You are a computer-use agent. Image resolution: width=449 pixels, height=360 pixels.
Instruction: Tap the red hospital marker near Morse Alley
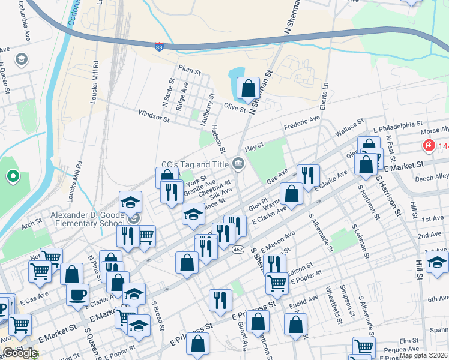click(x=429, y=145)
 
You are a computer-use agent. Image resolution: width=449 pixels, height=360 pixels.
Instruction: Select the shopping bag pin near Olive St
click(x=248, y=89)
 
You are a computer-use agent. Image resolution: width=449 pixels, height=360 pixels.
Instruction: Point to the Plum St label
click(x=189, y=70)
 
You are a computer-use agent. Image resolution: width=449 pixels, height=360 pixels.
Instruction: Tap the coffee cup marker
click(x=79, y=295)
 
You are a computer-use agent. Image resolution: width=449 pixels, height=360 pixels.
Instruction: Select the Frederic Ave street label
click(x=301, y=124)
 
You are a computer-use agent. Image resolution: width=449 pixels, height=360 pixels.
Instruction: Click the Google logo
click(x=19, y=353)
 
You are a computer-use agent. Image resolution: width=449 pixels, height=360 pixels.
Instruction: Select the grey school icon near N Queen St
click(x=22, y=59)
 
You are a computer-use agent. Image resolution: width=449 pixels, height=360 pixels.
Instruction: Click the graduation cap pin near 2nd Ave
click(x=437, y=261)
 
